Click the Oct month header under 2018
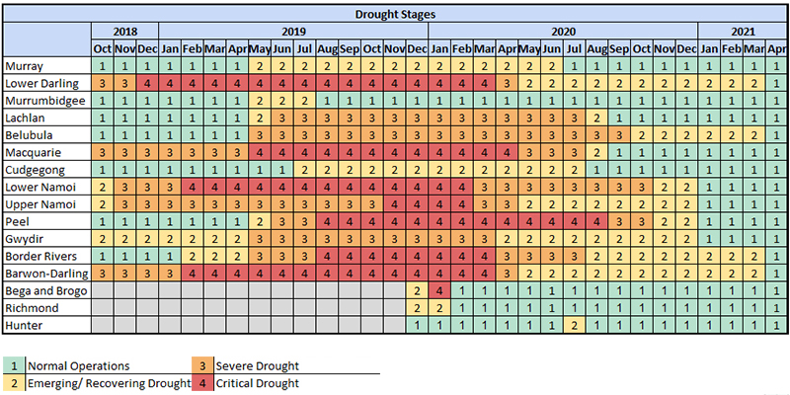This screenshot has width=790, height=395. (102, 48)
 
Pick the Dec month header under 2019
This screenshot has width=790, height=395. (416, 48)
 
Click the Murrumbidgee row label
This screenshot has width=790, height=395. (44, 101)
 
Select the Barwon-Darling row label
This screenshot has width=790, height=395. (46, 273)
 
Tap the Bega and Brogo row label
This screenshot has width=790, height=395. (46, 290)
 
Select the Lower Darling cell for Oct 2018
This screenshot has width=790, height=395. (102, 83)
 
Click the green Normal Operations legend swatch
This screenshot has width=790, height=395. (13, 366)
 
